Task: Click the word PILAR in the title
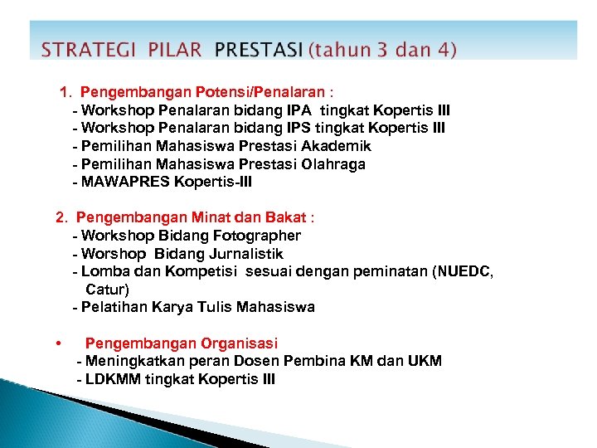(x=175, y=50)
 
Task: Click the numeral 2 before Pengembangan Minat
(x=61, y=217)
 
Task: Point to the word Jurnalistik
(x=245, y=254)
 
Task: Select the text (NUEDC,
(x=463, y=271)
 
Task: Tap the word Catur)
(x=108, y=290)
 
